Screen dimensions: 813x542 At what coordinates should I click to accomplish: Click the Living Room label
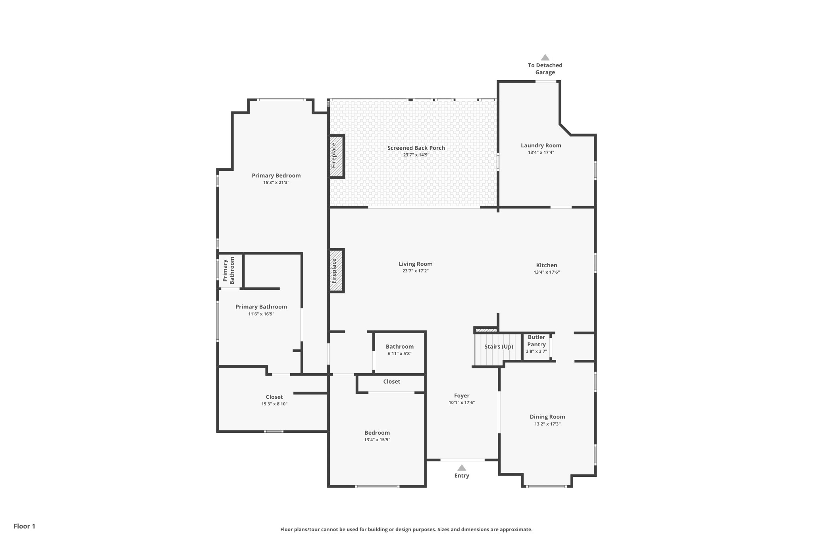416,264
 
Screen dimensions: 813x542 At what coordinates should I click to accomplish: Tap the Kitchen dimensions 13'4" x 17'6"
547,272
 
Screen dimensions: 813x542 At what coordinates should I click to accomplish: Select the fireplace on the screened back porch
336,156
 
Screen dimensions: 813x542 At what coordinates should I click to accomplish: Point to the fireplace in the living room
336,271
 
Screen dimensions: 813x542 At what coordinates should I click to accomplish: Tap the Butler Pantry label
536,341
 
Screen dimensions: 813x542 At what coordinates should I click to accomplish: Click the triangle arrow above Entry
462,468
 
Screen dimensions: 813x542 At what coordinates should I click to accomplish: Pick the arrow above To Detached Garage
545,58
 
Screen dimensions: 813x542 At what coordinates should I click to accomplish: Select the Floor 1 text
25,527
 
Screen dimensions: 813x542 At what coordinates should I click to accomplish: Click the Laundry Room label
541,146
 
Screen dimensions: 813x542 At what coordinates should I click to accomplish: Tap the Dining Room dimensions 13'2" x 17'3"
547,424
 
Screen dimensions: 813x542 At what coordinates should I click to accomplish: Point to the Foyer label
462,396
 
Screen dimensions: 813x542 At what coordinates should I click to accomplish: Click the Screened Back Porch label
416,148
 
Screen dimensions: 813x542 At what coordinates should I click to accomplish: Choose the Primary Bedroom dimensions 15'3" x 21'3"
276,183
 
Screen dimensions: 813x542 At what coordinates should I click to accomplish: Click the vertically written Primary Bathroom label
229,270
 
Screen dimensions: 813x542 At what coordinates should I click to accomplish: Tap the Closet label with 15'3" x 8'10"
274,397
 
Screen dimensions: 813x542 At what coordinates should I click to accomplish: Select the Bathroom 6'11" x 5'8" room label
400,347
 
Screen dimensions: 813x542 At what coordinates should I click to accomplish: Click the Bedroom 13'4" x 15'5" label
377,433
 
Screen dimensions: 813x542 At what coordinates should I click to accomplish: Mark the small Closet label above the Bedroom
392,382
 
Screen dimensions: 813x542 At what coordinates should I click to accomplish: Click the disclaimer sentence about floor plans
406,530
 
